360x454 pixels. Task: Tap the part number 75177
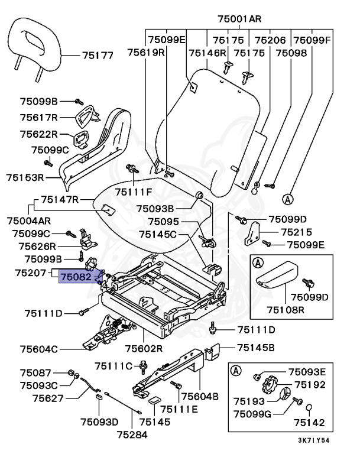pos(98,56)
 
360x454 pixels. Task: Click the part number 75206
pos(270,40)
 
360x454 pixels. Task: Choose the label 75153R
pos(25,177)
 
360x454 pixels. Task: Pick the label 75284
pos(131,434)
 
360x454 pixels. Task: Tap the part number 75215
pos(297,232)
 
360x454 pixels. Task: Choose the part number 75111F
pos(134,192)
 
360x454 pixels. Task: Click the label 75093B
pos(155,209)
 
